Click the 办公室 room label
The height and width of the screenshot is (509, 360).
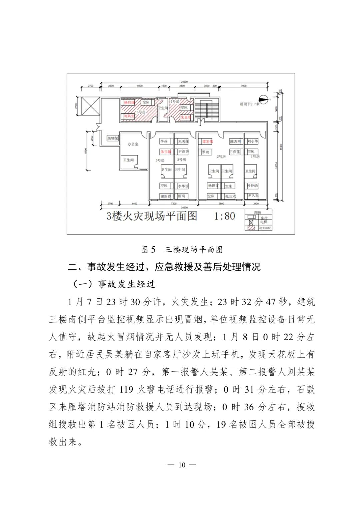coord(133,144)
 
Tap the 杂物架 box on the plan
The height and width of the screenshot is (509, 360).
coord(113,138)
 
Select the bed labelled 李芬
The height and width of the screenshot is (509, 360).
coord(165,141)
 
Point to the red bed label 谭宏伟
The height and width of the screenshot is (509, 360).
coord(207,141)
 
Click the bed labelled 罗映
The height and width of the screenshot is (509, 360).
coord(206,152)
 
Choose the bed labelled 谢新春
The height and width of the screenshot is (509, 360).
coord(166,196)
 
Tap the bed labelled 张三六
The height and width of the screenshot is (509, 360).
coord(229,196)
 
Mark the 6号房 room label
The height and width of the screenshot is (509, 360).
coord(141,112)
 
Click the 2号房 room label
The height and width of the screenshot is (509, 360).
coord(221,157)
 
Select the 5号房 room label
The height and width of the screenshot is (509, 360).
coord(160,160)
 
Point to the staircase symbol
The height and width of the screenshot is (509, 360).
coord(206,109)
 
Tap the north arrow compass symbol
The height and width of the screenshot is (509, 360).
coord(264,99)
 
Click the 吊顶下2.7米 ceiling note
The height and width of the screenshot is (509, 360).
coord(249,104)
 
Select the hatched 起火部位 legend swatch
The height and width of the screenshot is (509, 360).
coord(251,228)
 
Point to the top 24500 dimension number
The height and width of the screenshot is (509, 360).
coord(184,82)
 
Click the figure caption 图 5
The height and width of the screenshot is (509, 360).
coord(148,249)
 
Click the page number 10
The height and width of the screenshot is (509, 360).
coord(182,465)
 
